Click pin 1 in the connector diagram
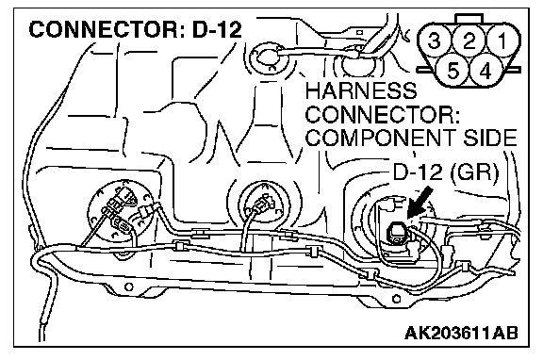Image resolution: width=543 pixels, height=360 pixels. [x=502, y=41]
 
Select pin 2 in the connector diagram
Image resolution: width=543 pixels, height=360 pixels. [x=469, y=41]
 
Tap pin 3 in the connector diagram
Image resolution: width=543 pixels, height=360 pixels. [x=436, y=41]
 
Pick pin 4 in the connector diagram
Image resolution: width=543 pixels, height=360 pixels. [x=485, y=71]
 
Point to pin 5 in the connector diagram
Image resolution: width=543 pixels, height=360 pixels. [x=452, y=71]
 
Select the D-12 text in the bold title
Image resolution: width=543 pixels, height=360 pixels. [x=217, y=29]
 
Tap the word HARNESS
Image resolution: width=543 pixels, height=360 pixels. [x=361, y=90]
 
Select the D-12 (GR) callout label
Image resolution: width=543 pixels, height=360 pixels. [x=446, y=172]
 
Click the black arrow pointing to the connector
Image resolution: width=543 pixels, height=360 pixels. [x=420, y=203]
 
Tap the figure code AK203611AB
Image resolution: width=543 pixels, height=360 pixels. [x=461, y=333]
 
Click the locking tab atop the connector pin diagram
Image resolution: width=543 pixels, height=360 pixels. [x=469, y=19]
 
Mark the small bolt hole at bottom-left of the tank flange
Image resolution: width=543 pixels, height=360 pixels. [x=128, y=286]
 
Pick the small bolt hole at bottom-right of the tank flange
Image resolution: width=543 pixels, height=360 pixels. [x=396, y=299]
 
